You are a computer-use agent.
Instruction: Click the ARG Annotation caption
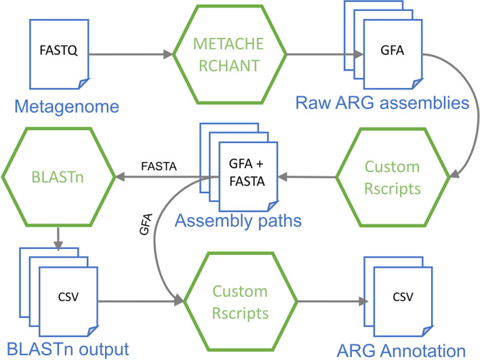(403, 350)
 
